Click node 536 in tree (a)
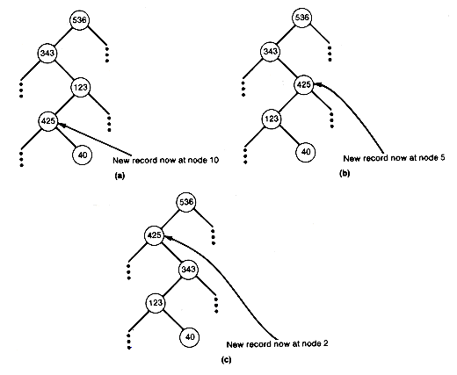[x=79, y=20]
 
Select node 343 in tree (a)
[x=47, y=54]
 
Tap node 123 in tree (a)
[x=81, y=87]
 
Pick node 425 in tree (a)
[x=48, y=121]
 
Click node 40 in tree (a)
[x=82, y=155]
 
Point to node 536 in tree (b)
[x=301, y=18]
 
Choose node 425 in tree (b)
[x=303, y=85]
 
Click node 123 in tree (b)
[x=272, y=119]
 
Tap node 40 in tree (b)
[x=306, y=152]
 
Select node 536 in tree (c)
[x=186, y=202]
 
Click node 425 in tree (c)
[x=155, y=235]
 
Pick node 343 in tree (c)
[x=188, y=269]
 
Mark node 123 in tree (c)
[x=156, y=303]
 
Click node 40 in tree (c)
[x=190, y=337]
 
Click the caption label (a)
[x=120, y=176]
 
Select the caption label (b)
[x=345, y=173]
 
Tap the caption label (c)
[x=226, y=360]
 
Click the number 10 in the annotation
[x=214, y=161]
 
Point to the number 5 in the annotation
[x=442, y=158]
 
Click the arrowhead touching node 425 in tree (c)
[x=168, y=238]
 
